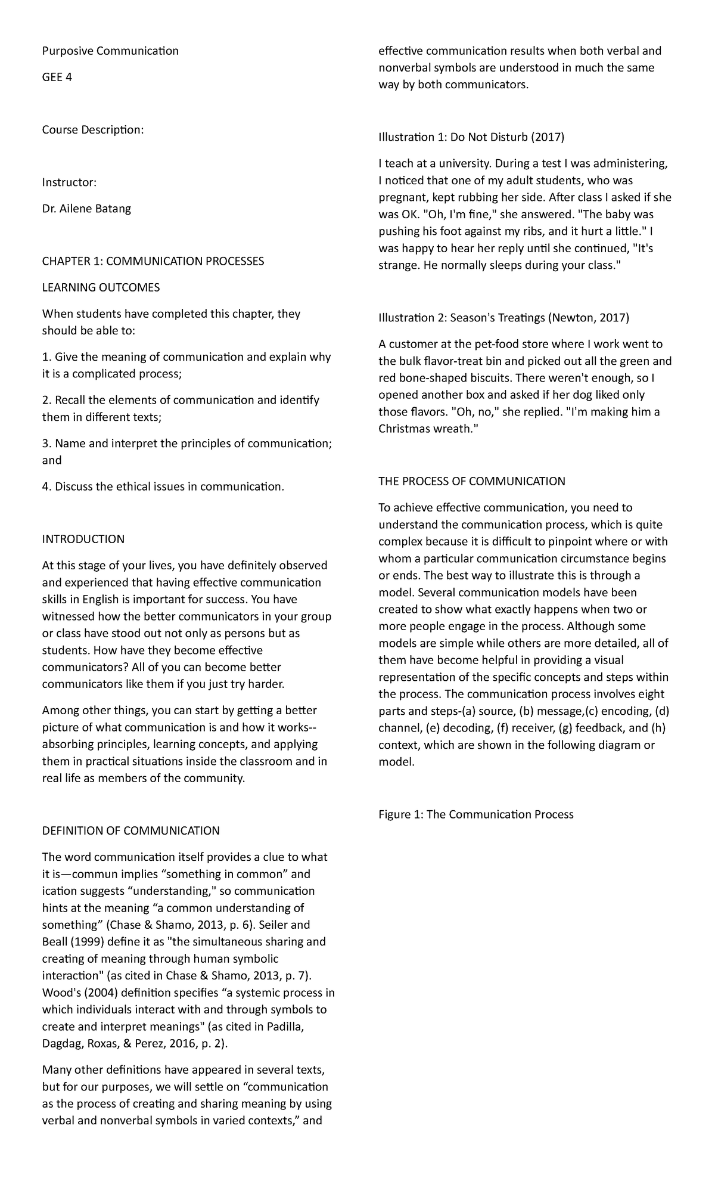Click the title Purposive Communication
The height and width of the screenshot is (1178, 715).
110,51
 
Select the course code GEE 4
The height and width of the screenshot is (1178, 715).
57,77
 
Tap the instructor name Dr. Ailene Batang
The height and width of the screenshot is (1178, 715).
86,208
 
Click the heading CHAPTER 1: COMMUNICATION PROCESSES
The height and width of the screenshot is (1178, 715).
153,261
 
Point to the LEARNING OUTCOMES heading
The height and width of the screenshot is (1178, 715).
101,287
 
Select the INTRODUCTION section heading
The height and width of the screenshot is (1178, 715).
83,539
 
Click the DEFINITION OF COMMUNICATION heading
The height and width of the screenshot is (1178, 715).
130,830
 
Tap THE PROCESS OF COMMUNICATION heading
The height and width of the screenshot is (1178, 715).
471,481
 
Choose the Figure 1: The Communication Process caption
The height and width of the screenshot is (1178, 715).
475,814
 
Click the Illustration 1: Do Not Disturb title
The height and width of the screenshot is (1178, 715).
471,137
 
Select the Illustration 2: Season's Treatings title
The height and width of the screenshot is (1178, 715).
503,317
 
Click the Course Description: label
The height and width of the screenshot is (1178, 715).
92,129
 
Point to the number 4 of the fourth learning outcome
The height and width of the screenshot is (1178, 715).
45,486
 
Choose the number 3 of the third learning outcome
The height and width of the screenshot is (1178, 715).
45,444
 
